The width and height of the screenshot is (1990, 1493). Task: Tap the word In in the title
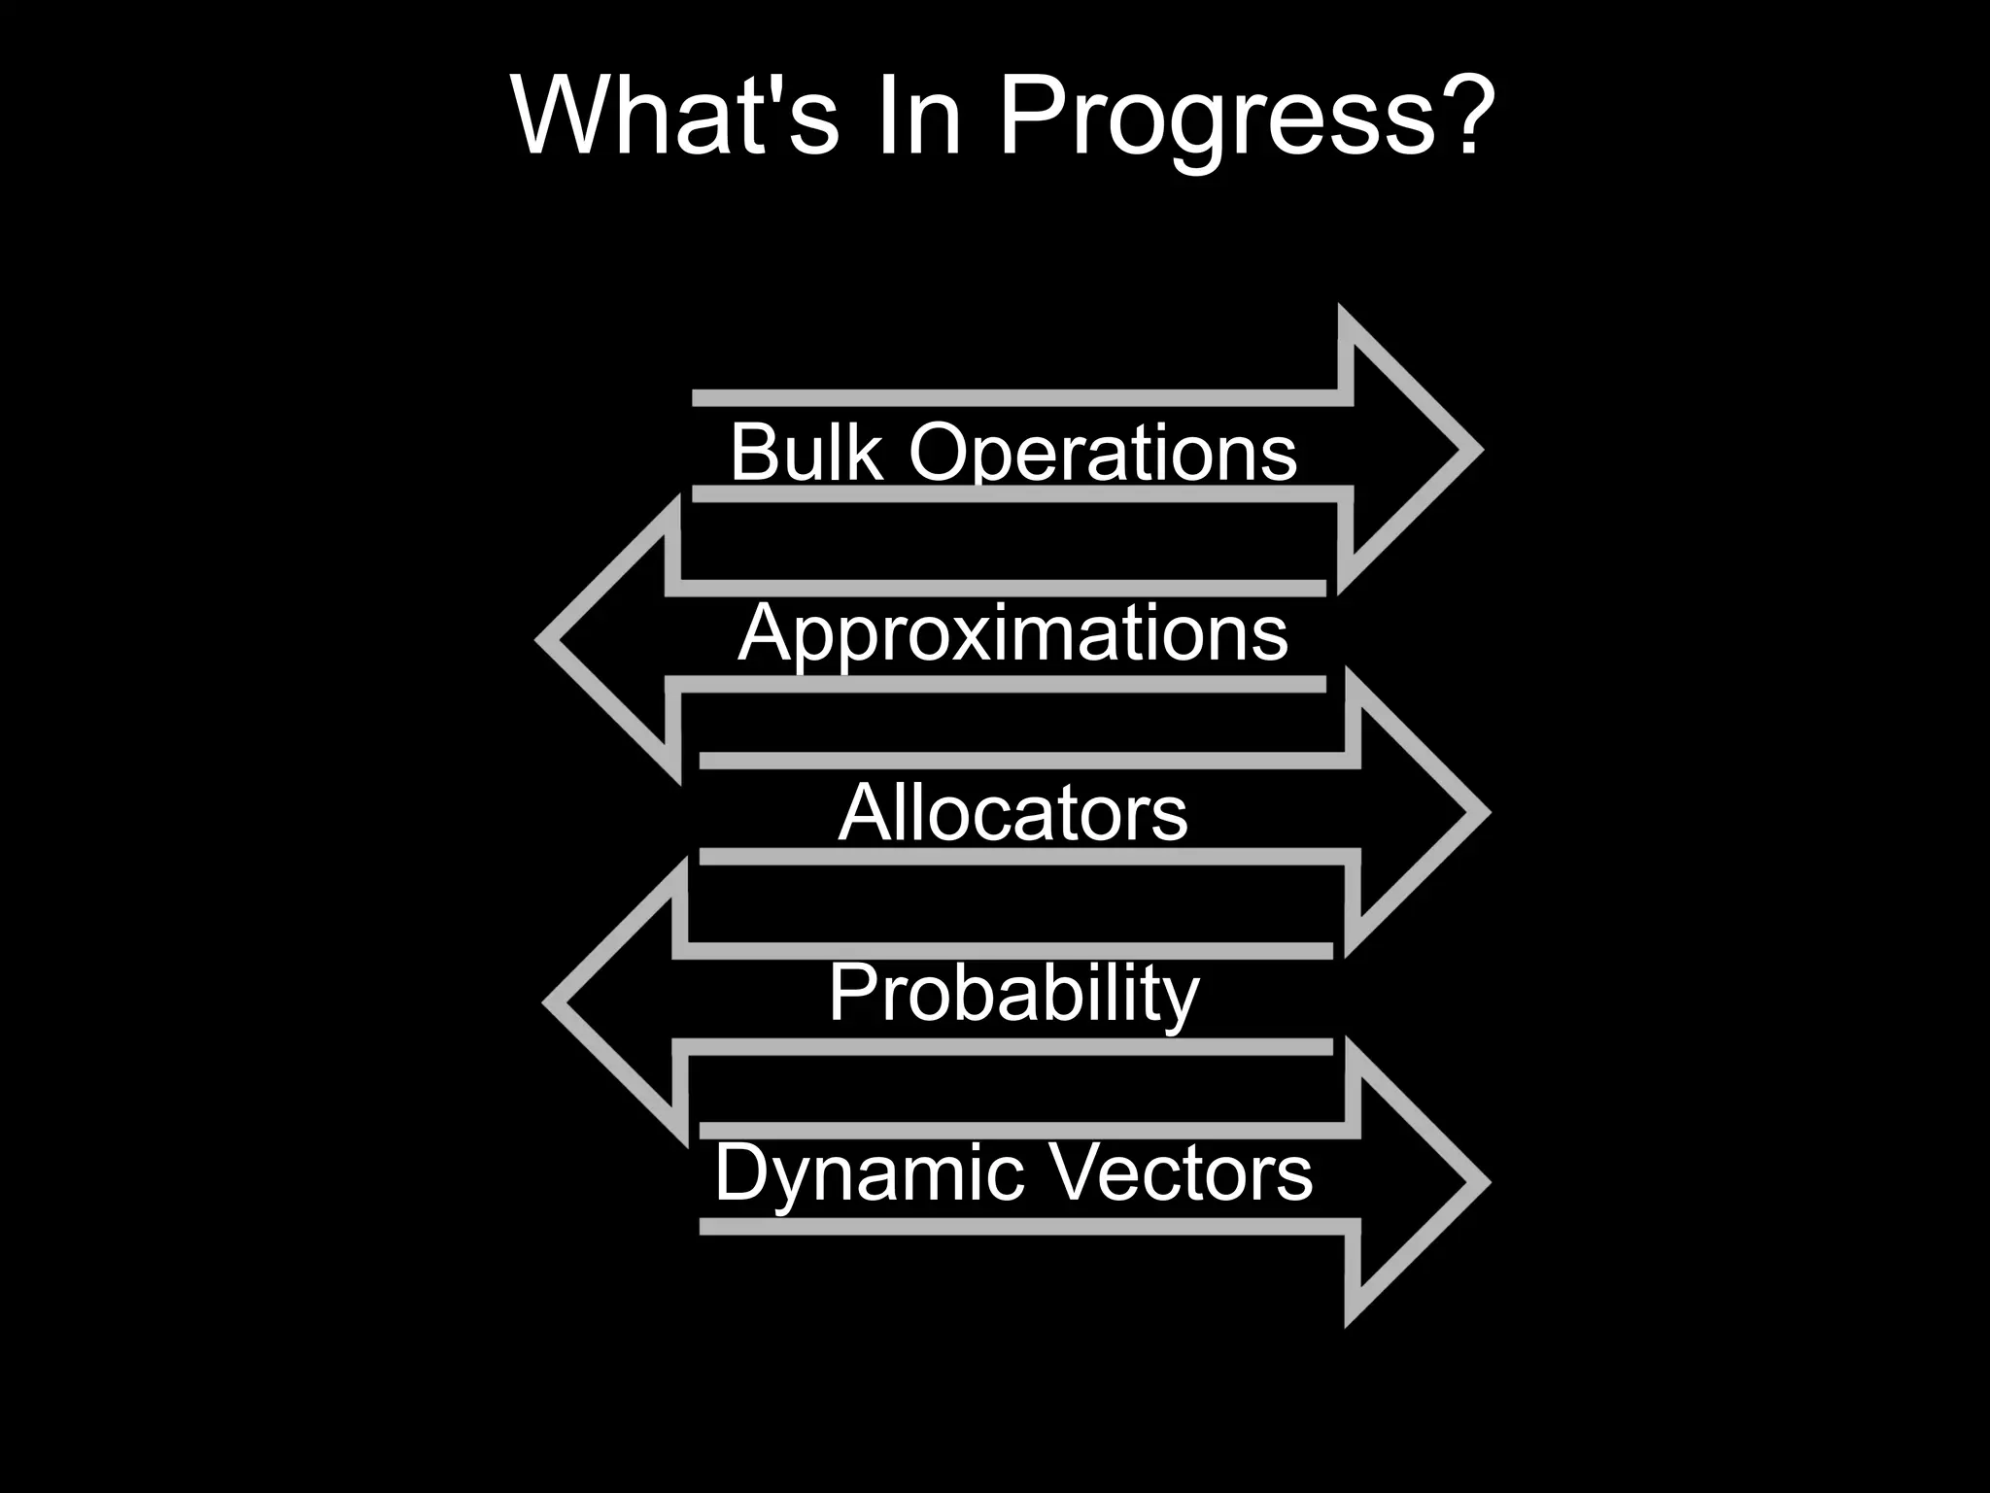[917, 116]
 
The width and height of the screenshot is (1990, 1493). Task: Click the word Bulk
[806, 452]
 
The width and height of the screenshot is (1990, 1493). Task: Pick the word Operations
[1102, 454]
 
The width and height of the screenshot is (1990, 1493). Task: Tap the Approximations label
[1012, 633]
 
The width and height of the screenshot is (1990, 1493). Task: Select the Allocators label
[1012, 813]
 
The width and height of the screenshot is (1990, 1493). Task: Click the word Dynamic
[869, 1172]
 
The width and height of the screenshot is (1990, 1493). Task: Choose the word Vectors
[1180, 1172]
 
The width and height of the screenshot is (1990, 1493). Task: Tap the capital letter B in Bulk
[753, 452]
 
